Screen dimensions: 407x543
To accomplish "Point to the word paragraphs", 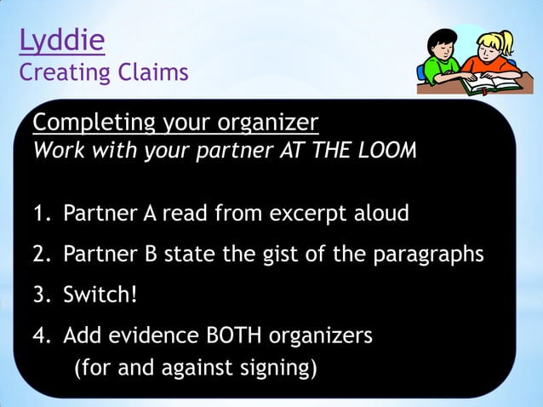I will pyautogui.click(x=426, y=254).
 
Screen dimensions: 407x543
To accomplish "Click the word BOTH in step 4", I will pyautogui.click(x=231, y=335).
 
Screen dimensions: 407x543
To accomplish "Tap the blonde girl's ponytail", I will pyautogui.click(x=510, y=39).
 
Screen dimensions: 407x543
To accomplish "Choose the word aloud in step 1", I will pyautogui.click(x=381, y=213).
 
